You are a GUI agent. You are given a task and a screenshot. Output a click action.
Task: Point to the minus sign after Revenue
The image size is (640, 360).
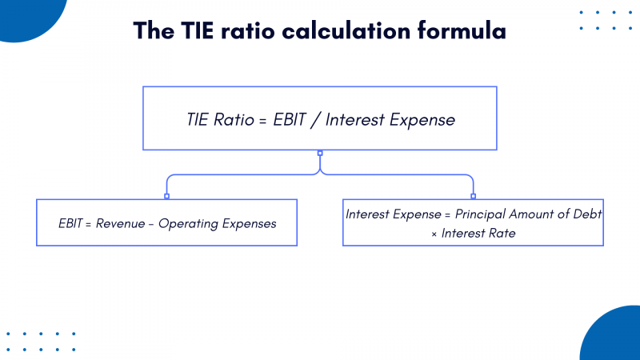coord(150,224)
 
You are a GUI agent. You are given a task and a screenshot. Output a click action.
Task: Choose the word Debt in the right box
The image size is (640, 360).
coord(586,214)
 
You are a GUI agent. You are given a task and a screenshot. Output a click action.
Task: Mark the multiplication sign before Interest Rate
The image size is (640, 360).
coord(433,234)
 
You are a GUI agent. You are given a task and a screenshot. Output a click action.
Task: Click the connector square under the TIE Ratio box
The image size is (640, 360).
coord(320,153)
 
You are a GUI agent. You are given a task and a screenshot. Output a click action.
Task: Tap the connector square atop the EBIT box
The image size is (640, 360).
coord(166,196)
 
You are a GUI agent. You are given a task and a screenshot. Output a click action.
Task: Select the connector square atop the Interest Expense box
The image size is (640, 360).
coord(473,196)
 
